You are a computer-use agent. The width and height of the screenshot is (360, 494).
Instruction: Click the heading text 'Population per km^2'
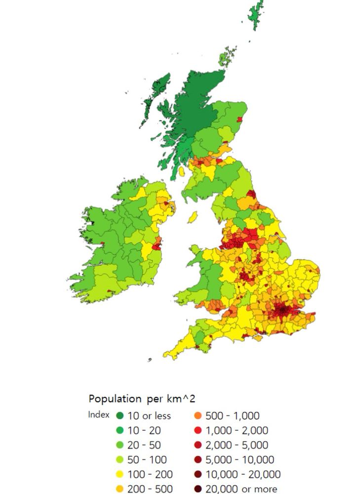[x=142, y=398]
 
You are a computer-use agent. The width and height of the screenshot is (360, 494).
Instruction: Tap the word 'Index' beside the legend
[x=99, y=414]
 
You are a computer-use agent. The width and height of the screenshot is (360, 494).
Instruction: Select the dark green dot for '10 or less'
[x=120, y=416]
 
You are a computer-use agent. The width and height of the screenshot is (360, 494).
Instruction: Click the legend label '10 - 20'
[x=144, y=431]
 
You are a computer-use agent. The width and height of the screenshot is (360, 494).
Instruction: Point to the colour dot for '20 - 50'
[x=120, y=445]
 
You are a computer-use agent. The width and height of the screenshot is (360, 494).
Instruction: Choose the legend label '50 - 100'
[x=147, y=460]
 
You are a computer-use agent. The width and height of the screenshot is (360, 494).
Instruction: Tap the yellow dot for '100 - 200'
[x=120, y=475]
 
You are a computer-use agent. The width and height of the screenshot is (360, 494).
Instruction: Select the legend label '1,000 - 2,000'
[x=237, y=431]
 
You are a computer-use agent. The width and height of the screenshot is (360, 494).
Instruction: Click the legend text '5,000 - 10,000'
[x=240, y=460]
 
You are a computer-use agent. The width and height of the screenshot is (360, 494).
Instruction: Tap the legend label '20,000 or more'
[x=241, y=489]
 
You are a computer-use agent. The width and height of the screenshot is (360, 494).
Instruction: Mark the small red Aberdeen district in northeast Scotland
[x=240, y=119]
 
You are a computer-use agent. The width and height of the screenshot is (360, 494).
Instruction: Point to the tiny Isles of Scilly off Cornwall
[x=150, y=360]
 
